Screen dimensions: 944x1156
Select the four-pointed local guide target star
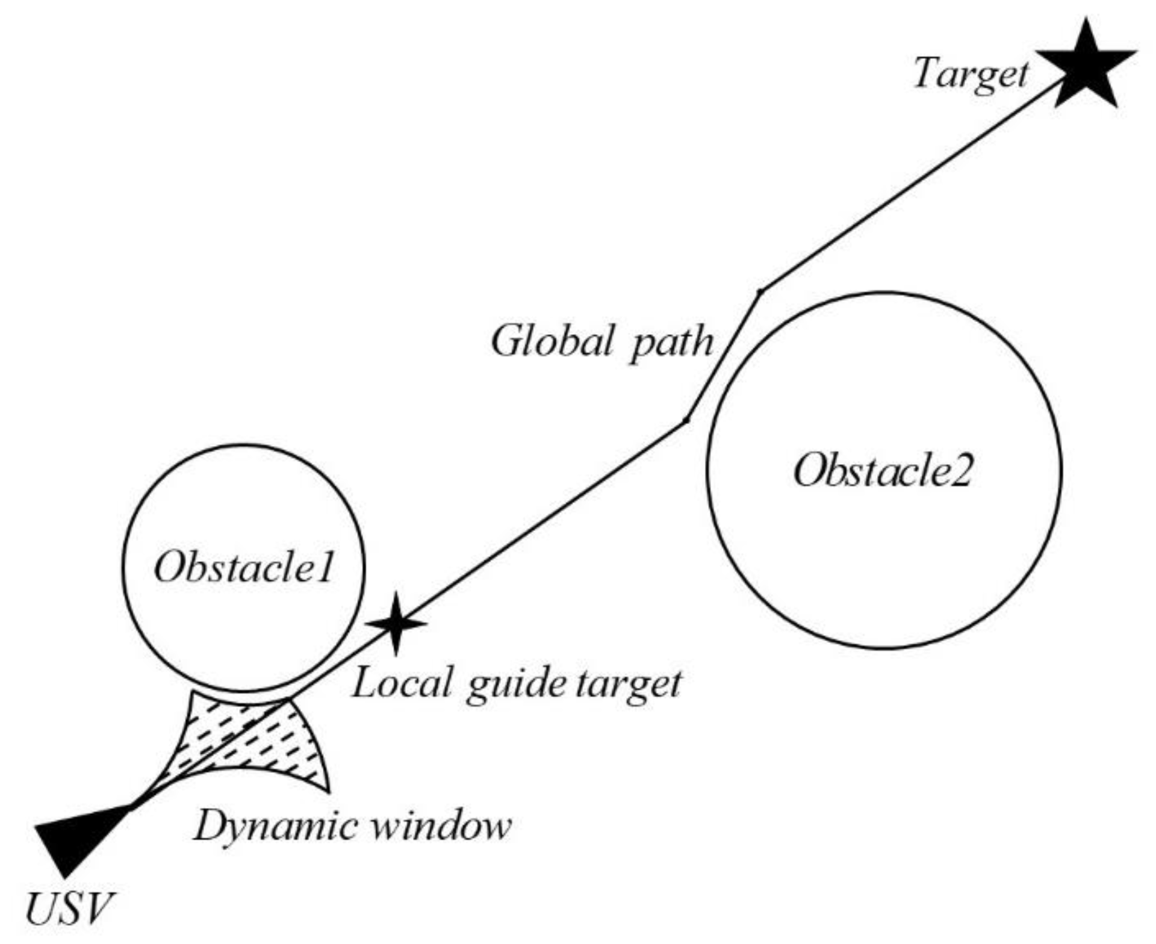pos(396,624)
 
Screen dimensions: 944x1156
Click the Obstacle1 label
pos(243,567)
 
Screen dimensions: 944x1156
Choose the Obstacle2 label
pos(883,470)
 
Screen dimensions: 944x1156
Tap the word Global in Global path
pos(553,341)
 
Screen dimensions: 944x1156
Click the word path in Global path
pos(671,343)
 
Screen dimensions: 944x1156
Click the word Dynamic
pos(275,826)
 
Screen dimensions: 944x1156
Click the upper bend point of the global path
pos(760,293)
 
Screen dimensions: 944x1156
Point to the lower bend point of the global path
pos(686,421)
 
